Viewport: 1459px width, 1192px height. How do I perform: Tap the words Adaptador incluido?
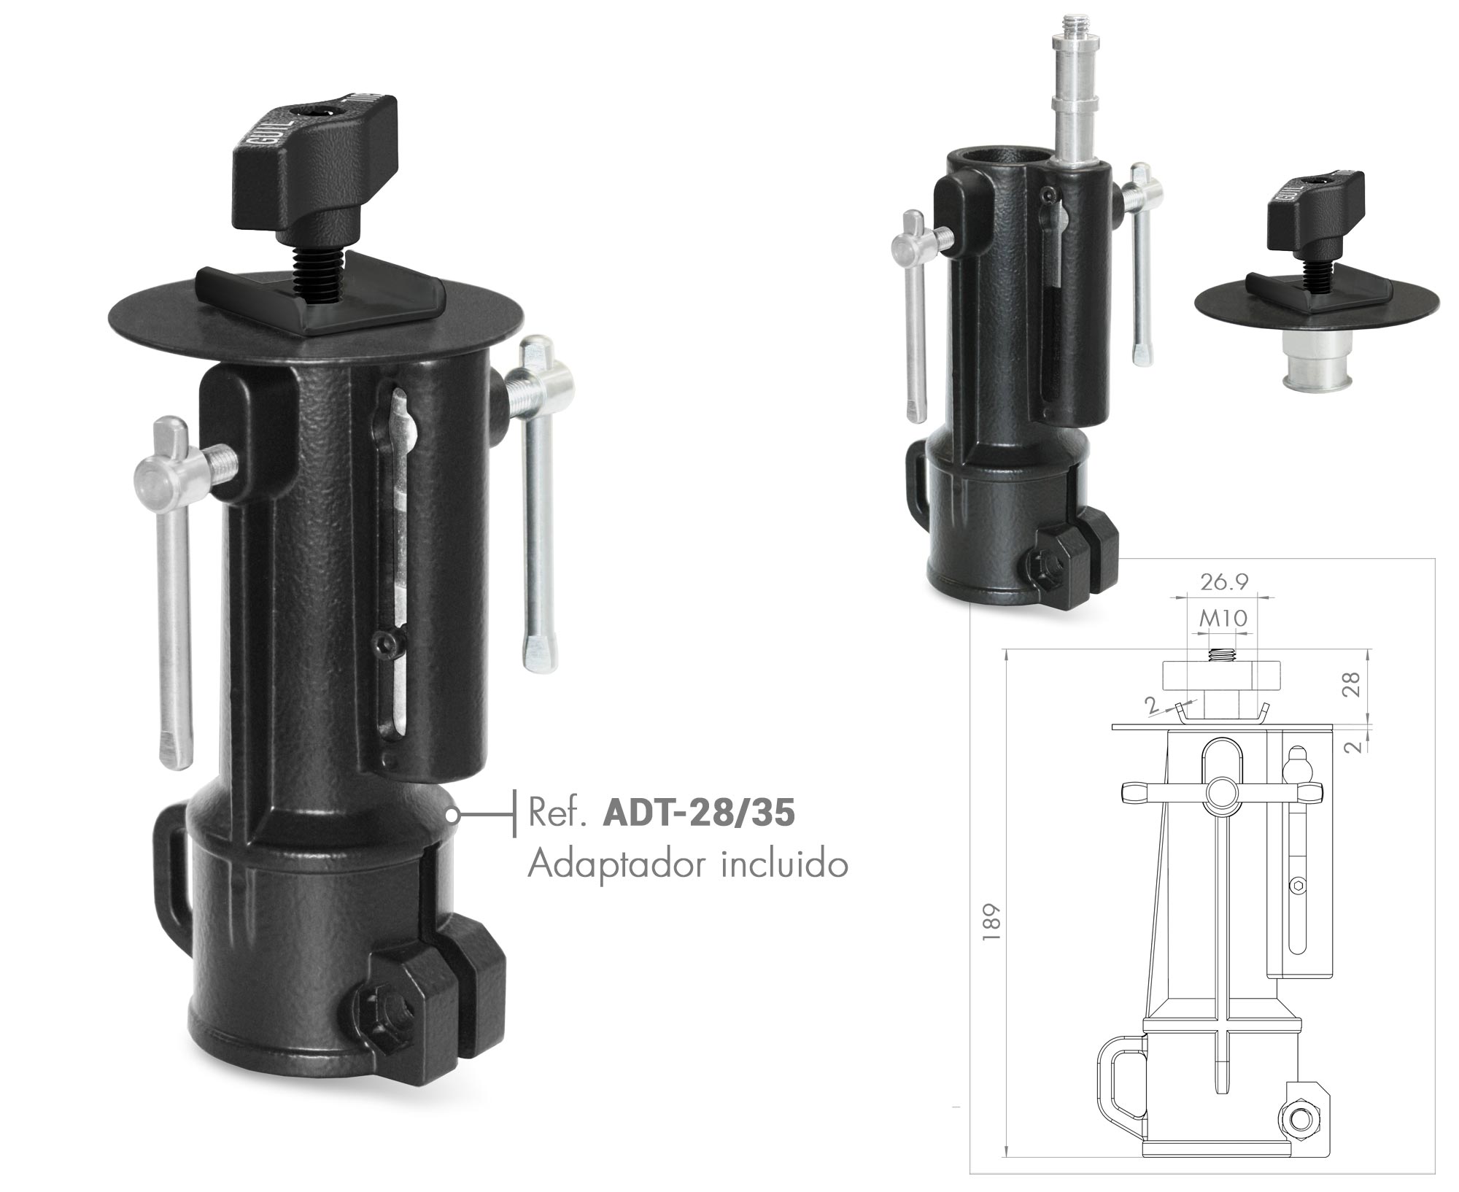tap(688, 865)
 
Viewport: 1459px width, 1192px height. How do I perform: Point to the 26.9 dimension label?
tap(1224, 581)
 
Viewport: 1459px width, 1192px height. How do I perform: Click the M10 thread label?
tap(1223, 619)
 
